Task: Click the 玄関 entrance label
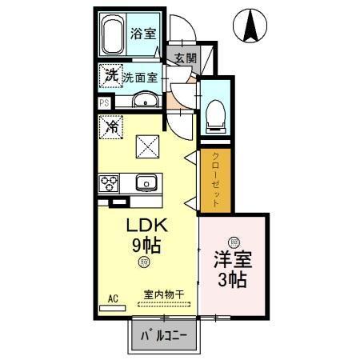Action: [x=185, y=58]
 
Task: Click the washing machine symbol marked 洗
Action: [x=110, y=75]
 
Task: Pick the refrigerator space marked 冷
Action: [x=111, y=127]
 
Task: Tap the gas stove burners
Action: [x=110, y=183]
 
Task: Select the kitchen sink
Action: [x=146, y=183]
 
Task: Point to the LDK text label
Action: [x=144, y=227]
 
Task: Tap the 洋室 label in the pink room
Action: [x=231, y=261]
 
